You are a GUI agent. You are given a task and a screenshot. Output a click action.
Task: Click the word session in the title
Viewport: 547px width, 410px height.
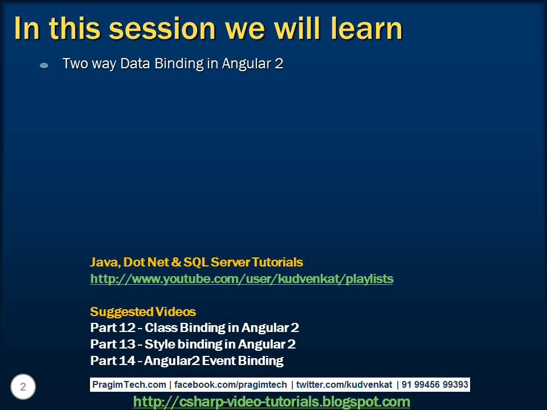tap(162, 28)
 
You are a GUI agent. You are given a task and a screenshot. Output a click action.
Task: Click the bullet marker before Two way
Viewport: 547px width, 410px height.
tap(44, 65)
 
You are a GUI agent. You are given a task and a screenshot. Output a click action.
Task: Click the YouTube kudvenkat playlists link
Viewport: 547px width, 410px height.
tap(242, 279)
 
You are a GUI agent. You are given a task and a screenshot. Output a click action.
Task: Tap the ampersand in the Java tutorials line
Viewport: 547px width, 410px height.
tap(177, 262)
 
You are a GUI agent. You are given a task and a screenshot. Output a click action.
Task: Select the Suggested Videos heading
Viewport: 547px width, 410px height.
tap(142, 311)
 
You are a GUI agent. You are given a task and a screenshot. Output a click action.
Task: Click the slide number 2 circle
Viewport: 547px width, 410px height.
tap(23, 387)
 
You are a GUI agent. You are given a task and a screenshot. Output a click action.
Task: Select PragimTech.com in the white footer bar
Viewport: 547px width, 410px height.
tap(129, 384)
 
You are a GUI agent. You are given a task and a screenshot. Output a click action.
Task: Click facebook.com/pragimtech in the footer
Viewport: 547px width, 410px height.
tap(231, 384)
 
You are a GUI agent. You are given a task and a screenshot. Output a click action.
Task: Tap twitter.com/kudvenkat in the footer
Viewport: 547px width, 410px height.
tap(344, 384)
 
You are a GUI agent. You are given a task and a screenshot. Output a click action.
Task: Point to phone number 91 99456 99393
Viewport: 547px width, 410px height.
tap(435, 384)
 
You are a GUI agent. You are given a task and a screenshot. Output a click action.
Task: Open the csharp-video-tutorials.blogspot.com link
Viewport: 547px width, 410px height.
tap(271, 401)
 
